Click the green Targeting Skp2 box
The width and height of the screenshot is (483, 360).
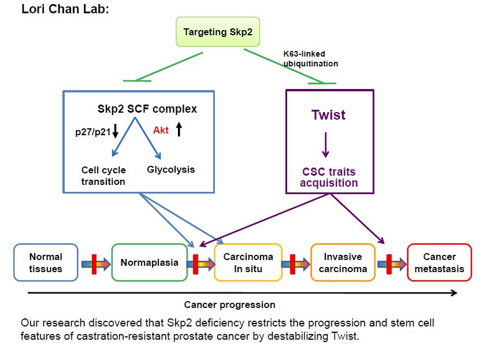(x=218, y=32)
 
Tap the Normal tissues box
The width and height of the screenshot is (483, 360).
(x=46, y=262)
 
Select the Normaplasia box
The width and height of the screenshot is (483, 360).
(x=150, y=262)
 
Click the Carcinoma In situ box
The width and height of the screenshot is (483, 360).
(x=248, y=262)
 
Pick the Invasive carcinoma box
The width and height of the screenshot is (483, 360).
(x=343, y=262)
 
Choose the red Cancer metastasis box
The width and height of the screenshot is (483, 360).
(x=439, y=262)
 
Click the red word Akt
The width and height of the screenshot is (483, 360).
(x=161, y=130)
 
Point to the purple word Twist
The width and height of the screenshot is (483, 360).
(x=328, y=114)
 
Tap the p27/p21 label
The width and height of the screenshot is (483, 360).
(x=92, y=132)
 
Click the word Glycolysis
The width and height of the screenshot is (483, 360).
(x=170, y=169)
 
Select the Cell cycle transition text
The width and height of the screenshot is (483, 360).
(x=103, y=176)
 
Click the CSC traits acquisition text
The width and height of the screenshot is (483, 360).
(x=329, y=177)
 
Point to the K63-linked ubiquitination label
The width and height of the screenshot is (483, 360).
(x=310, y=58)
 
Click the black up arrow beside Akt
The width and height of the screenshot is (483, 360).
(x=179, y=129)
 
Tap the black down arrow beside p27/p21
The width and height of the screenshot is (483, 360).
(x=115, y=131)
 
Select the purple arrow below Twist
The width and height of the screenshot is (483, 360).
(x=326, y=145)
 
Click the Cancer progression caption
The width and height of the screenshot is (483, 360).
(x=229, y=305)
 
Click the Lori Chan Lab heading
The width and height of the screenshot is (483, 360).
(x=65, y=9)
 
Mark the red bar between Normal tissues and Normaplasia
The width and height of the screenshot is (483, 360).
(x=94, y=264)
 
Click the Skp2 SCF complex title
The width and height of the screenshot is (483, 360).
(x=147, y=109)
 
